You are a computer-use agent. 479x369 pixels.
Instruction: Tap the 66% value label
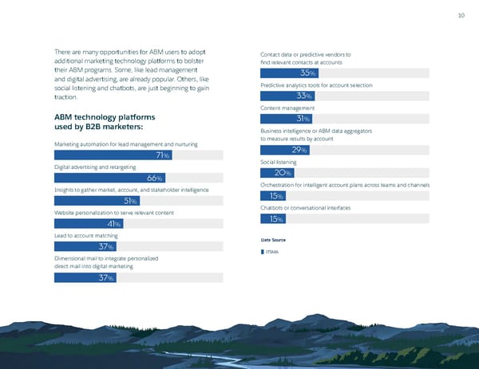(x=156, y=178)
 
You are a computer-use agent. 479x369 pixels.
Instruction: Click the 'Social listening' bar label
(x=279, y=163)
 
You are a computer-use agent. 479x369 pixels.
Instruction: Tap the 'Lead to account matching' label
(x=87, y=237)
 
